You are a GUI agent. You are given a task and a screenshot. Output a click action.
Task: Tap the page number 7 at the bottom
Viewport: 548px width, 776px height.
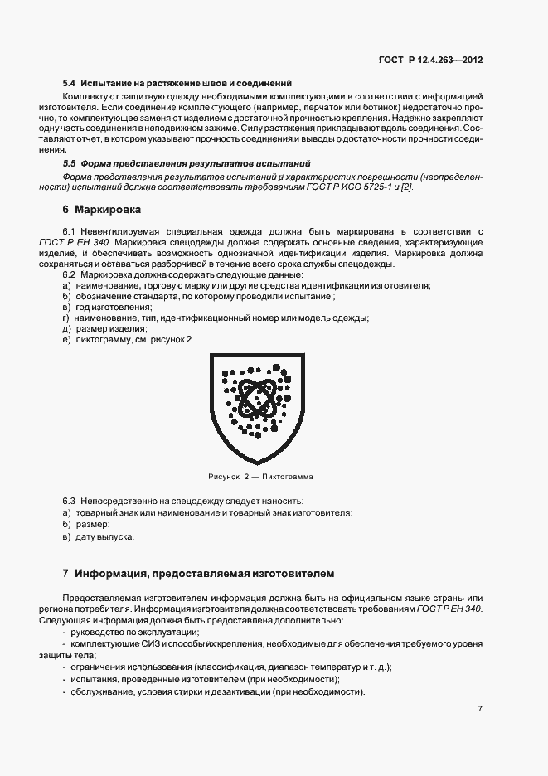pos(480,708)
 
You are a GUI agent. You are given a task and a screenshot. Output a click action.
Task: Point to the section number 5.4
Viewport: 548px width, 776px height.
pos(70,83)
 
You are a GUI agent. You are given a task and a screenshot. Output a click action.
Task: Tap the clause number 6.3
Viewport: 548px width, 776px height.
pos(69,502)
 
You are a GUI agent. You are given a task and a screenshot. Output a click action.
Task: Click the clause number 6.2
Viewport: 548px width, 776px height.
pos(69,274)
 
